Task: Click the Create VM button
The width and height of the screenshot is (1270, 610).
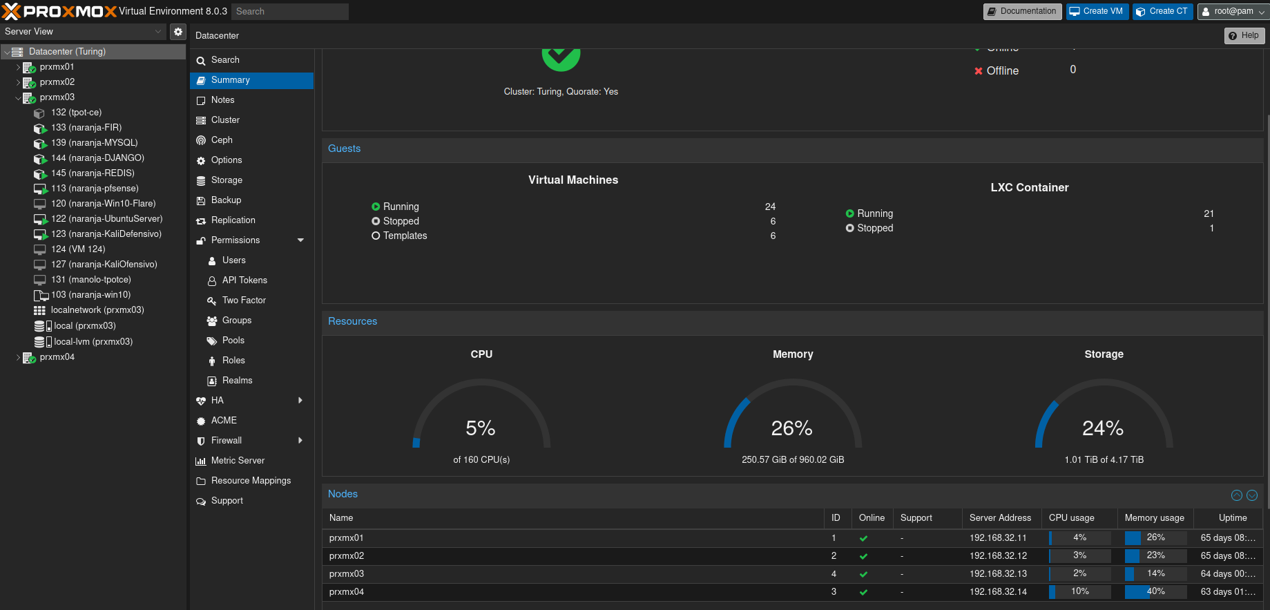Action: point(1097,11)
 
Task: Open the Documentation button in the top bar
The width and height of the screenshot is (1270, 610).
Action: point(1022,11)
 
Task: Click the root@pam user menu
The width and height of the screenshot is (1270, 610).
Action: point(1233,11)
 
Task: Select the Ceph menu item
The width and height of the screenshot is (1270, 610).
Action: point(222,140)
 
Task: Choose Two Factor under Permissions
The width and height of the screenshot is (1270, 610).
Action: point(244,301)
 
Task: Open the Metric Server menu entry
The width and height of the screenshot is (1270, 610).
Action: point(238,461)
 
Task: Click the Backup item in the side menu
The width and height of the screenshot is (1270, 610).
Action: point(226,200)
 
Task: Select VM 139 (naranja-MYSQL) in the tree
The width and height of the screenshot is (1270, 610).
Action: point(94,143)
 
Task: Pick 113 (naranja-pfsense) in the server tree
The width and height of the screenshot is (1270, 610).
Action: point(95,189)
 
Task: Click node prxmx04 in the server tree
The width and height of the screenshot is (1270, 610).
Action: point(57,357)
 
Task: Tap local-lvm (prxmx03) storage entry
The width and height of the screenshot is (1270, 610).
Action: point(93,342)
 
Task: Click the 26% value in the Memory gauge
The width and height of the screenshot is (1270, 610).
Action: point(791,428)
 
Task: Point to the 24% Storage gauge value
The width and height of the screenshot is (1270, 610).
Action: point(1103,428)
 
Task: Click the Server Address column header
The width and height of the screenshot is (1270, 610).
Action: point(1000,518)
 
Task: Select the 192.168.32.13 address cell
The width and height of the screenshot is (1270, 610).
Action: point(998,574)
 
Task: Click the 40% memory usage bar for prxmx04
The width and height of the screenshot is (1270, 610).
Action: point(1155,592)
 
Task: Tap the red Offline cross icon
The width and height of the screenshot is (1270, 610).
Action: point(979,71)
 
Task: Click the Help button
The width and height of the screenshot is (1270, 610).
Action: point(1244,36)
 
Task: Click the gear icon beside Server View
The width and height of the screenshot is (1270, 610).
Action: point(178,32)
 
